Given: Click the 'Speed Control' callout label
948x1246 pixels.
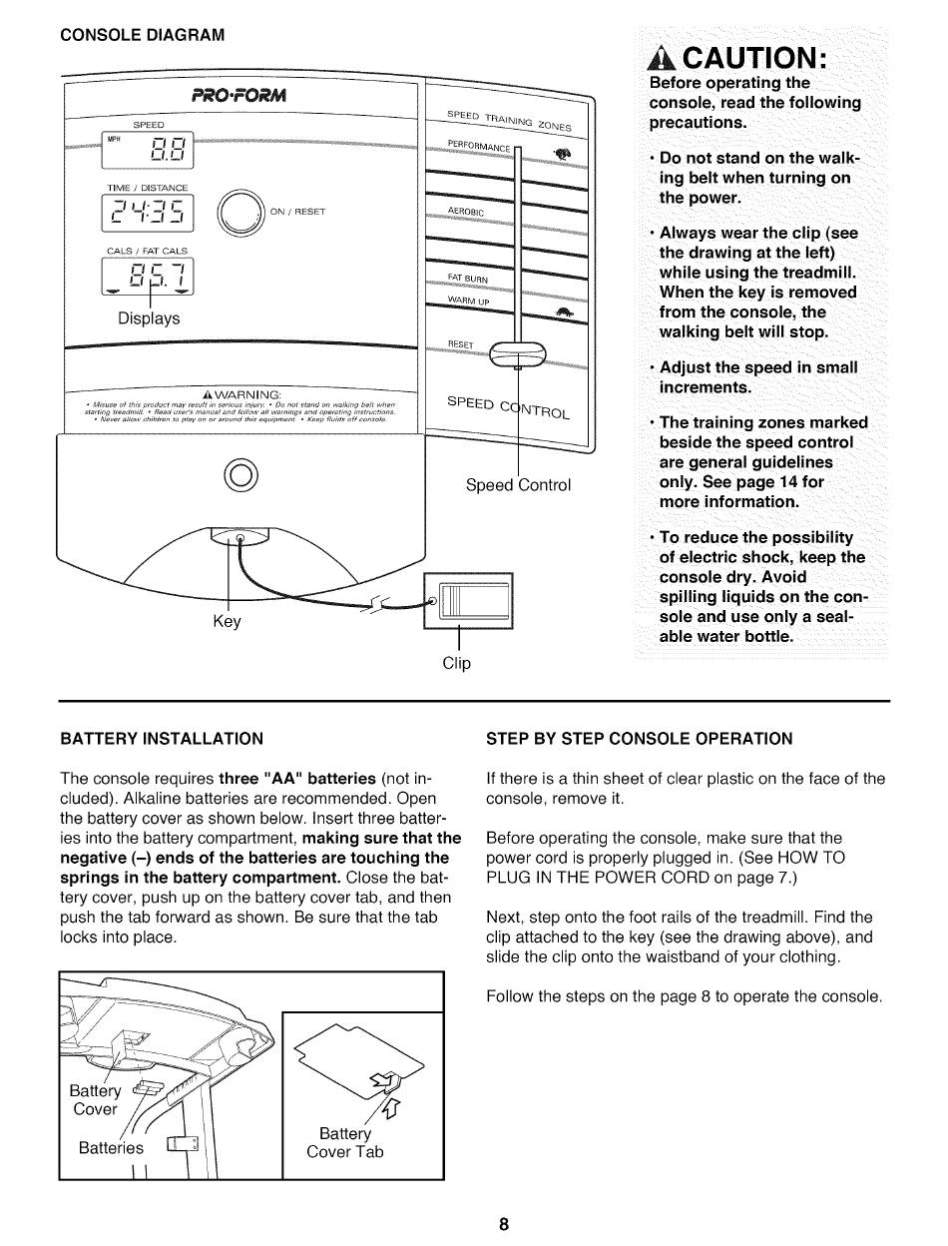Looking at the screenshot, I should pyautogui.click(x=519, y=485).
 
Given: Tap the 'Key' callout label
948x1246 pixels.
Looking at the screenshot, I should pyautogui.click(x=228, y=621).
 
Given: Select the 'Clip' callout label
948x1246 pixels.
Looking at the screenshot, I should pyautogui.click(x=457, y=662).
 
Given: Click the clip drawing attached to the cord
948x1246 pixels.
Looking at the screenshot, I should pyautogui.click(x=469, y=601).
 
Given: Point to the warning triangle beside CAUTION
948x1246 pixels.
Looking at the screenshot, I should pyautogui.click(x=662, y=57).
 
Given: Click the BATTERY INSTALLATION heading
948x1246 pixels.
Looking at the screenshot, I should pyautogui.click(x=162, y=739).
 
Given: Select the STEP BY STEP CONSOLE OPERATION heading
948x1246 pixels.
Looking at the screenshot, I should pyautogui.click(x=639, y=739).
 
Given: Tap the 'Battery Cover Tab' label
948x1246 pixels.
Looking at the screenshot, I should pyautogui.click(x=344, y=1142).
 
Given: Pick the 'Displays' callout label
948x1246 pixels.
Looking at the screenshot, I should pyautogui.click(x=149, y=318).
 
